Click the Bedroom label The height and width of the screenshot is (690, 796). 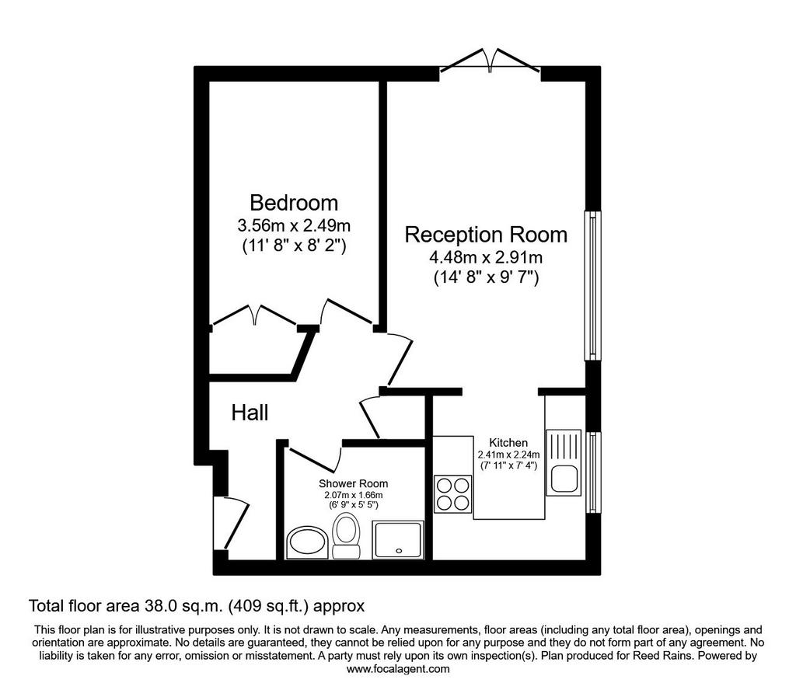click(x=294, y=203)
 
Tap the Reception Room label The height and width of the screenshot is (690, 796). click(x=486, y=235)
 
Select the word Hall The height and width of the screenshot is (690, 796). click(x=250, y=413)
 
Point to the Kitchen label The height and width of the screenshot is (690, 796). click(x=508, y=442)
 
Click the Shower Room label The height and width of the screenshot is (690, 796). click(x=354, y=483)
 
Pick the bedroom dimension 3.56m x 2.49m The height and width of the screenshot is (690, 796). click(x=294, y=225)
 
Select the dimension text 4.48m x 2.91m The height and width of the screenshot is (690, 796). click(x=486, y=257)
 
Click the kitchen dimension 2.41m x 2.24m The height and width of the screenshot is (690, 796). click(x=508, y=455)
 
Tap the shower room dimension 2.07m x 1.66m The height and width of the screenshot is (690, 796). click(x=354, y=495)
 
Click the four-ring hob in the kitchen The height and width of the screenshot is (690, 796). click(x=453, y=494)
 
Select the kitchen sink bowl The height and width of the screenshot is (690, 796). click(x=564, y=479)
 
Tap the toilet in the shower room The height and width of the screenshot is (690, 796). click(x=346, y=535)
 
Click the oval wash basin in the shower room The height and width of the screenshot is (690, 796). click(x=306, y=542)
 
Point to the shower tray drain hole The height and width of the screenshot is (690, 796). click(x=399, y=550)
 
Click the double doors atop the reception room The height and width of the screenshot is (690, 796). click(x=491, y=61)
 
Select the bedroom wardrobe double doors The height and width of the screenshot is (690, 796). click(x=254, y=315)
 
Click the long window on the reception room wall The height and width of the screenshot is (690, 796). click(x=592, y=286)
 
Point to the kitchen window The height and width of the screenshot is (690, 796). click(x=593, y=472)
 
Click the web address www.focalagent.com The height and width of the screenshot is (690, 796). click(x=398, y=669)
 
